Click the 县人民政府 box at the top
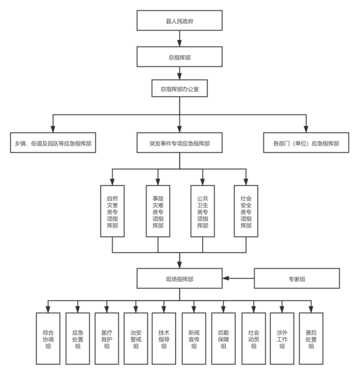[180, 21]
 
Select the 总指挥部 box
[180, 56]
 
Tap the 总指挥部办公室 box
[180, 88]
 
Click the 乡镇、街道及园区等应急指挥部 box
[53, 143]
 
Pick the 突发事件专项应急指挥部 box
[180, 143]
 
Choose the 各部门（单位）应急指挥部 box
[306, 143]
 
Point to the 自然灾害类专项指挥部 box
[112, 211]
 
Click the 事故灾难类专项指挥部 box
[158, 211]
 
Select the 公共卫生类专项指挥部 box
[203, 211]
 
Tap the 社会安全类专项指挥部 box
[246, 211]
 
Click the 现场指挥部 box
[180, 279]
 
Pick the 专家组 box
[297, 279]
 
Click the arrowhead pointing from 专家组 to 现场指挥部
[226, 278]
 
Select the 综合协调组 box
[48, 339]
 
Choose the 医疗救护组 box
[107, 339]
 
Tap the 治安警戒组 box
[135, 339]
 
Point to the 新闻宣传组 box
[194, 339]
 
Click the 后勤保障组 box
[223, 339]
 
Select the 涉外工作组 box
[282, 339]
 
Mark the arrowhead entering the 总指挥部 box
[180, 43]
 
